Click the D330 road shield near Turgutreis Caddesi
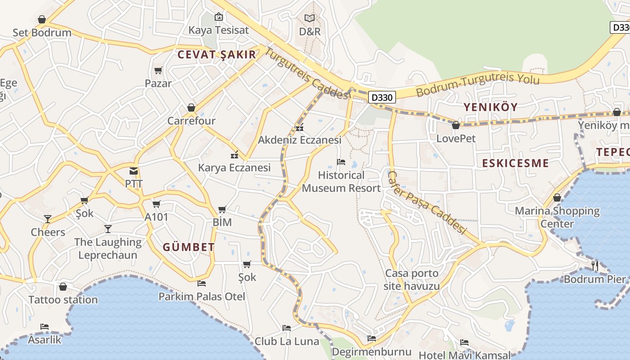[x=382, y=97]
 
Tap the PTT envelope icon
[x=134, y=171]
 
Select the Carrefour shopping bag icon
[x=191, y=108]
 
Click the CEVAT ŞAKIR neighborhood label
[x=216, y=55]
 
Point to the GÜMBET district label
[x=189, y=247]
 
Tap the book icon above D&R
[x=310, y=18]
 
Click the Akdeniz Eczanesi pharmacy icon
[x=300, y=127]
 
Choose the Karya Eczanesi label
[x=234, y=168]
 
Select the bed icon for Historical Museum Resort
[x=341, y=162]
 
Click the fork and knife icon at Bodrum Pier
[x=595, y=265]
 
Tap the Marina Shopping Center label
[x=557, y=217]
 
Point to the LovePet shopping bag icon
[x=456, y=125]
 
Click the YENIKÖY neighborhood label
[x=490, y=107]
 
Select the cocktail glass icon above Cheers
[x=48, y=219]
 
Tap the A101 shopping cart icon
[x=157, y=204]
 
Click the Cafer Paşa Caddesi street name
[x=426, y=202]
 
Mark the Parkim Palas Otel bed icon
[x=202, y=283]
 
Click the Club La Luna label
[x=287, y=342]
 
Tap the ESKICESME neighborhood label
[x=515, y=163]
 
